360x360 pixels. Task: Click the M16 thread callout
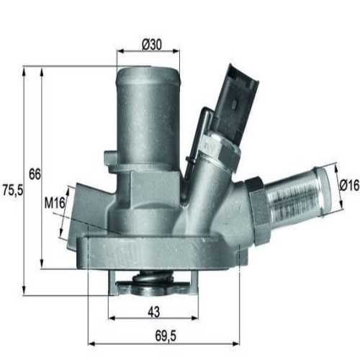coord(54,204)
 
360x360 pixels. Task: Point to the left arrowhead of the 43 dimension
coord(112,318)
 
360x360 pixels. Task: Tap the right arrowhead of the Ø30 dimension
coord(176,52)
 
